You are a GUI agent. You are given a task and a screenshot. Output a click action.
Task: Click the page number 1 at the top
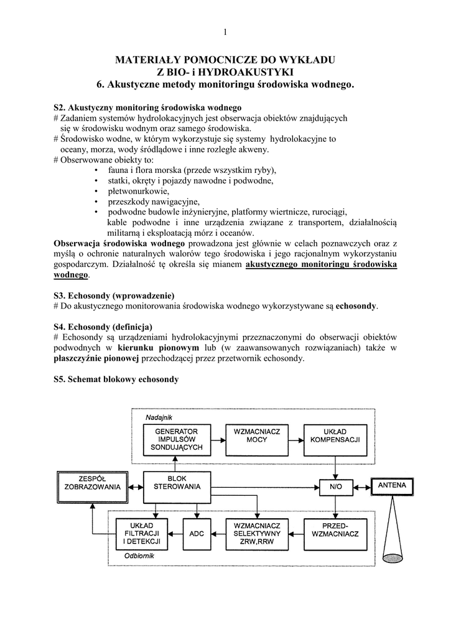225,32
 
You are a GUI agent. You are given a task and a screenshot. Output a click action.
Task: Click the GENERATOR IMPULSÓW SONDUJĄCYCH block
177,439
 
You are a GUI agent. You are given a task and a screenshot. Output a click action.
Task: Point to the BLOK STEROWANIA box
177,482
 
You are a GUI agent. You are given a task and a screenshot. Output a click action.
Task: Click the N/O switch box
335,485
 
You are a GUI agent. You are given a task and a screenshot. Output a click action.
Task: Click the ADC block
197,533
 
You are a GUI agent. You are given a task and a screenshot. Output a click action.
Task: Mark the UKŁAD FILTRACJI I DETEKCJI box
142,533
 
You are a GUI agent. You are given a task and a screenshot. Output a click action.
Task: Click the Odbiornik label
139,556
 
